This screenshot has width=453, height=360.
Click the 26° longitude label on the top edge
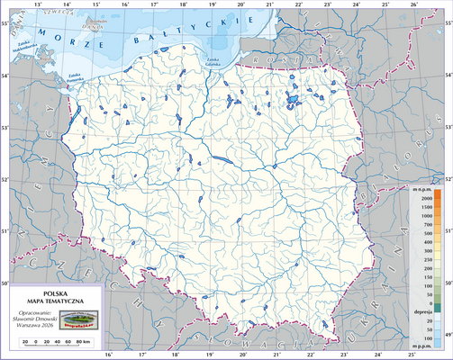click(412, 4)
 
